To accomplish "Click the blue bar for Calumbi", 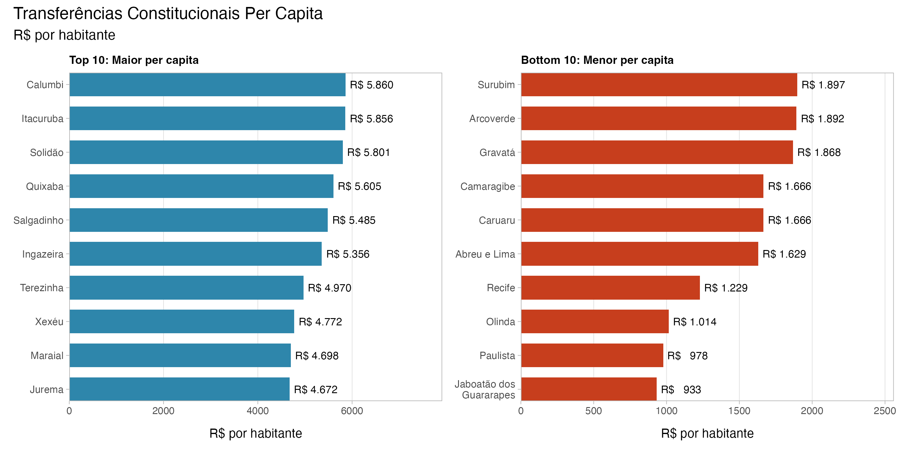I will point(207,85).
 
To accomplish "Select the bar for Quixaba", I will point(201,186).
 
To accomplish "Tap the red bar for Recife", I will point(610,288).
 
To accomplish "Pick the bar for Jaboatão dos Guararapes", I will point(589,389).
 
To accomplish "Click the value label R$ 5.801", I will point(368,152).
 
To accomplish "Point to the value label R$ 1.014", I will point(694,322).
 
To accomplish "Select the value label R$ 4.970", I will point(329,288).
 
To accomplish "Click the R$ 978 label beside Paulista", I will point(687,356).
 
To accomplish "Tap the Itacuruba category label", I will point(43,119).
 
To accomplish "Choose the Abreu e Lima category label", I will point(485,254).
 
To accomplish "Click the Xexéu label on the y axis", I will point(49,322).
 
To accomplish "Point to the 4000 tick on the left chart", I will point(257,411).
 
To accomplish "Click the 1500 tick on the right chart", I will point(739,411).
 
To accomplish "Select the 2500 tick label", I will point(884,411).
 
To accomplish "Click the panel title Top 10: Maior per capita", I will point(134,60).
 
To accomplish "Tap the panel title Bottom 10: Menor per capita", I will point(597,60).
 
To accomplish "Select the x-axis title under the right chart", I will point(707,433).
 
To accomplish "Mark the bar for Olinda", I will point(595,321).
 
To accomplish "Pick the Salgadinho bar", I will point(199,220).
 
